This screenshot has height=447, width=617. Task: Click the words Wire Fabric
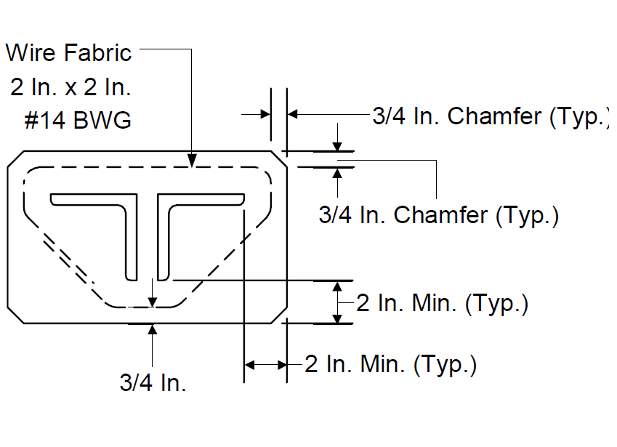(68, 53)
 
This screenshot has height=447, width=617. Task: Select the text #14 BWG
(78, 120)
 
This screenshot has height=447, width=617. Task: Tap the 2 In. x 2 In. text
(70, 86)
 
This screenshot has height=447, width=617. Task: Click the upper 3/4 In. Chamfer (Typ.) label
(491, 116)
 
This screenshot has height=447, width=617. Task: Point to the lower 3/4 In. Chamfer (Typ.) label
(438, 215)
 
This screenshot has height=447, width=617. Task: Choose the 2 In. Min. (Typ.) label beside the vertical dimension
(442, 303)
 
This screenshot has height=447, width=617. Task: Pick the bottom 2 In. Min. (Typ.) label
(390, 364)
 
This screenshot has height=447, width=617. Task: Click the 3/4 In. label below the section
(153, 382)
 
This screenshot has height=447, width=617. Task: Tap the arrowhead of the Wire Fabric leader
(192, 161)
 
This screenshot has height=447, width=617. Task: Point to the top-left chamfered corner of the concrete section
(16, 159)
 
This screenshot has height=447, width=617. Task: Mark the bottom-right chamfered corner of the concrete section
(279, 315)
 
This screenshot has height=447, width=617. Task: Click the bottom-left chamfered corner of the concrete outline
(16, 315)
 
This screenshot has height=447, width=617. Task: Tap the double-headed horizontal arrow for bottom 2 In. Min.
(265, 365)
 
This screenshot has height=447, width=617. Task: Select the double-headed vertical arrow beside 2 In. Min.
(337, 302)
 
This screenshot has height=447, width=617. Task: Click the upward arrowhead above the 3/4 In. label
(153, 330)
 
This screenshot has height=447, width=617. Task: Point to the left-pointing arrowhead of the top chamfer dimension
(293, 114)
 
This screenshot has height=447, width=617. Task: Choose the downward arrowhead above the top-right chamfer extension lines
(337, 145)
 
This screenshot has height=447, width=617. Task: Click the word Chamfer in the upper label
(495, 116)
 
